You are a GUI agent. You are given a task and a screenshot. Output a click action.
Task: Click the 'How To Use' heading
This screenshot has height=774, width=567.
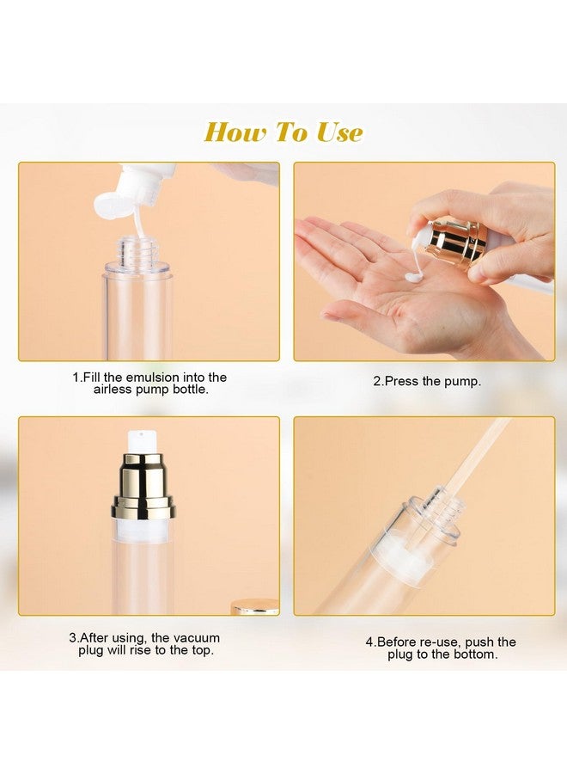[283, 132]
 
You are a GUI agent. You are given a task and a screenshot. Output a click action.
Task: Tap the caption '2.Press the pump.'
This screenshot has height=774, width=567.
[426, 381]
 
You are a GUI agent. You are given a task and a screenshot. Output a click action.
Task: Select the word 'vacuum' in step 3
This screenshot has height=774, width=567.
[194, 638]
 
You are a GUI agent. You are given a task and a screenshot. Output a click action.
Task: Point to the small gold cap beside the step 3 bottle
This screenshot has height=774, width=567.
[255, 606]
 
